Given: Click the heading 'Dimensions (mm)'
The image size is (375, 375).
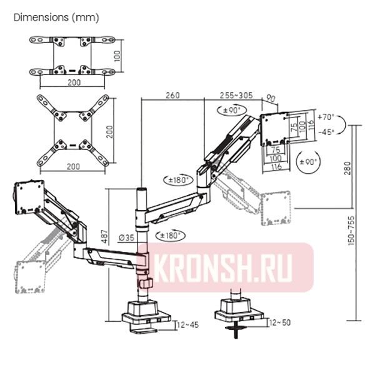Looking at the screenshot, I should coord(56,17).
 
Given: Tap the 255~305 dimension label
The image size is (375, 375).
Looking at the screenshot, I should coord(236,95).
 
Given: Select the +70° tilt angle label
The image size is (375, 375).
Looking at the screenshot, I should coord(326,117).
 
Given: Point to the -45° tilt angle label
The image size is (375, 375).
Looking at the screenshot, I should coord(326,131).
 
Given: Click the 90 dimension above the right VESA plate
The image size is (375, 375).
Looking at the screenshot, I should coord(271,97).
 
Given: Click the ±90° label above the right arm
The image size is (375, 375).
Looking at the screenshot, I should coord(228,110).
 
